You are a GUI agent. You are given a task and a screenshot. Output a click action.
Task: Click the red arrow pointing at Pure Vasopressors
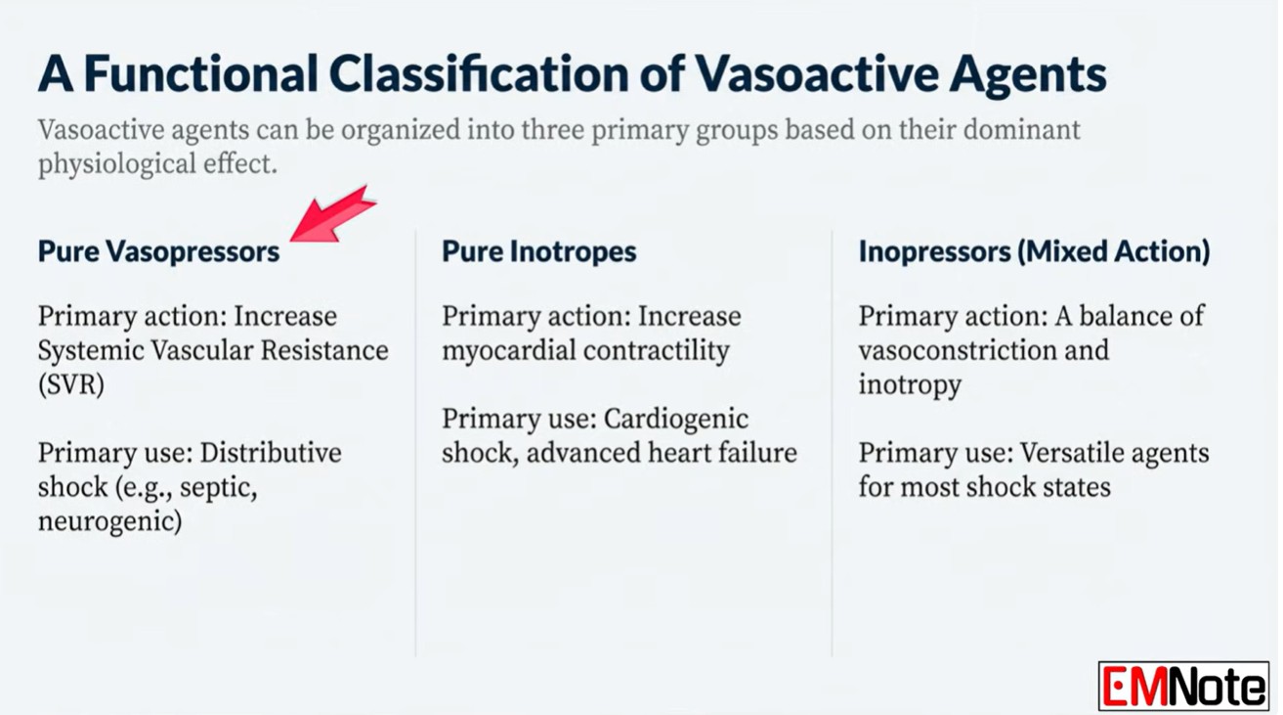pyautogui.click(x=333, y=215)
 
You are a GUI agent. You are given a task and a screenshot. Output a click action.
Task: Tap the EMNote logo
pyautogui.click(x=1183, y=686)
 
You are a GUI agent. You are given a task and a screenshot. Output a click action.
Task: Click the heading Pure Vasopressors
pyautogui.click(x=158, y=251)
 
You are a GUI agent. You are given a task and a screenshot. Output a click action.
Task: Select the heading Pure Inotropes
pyautogui.click(x=539, y=251)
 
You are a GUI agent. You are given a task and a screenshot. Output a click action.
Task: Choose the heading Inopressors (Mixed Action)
pyautogui.click(x=1035, y=251)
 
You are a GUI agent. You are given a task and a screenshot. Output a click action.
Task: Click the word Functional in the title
pyautogui.click(x=201, y=73)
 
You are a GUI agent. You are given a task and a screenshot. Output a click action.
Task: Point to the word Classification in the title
pyautogui.click(x=479, y=73)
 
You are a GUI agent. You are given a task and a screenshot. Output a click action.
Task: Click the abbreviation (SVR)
pyautogui.click(x=71, y=384)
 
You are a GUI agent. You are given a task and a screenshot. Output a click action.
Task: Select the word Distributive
pyautogui.click(x=271, y=453)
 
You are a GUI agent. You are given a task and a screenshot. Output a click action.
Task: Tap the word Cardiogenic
pyautogui.click(x=676, y=420)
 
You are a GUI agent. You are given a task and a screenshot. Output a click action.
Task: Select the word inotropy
pyautogui.click(x=910, y=385)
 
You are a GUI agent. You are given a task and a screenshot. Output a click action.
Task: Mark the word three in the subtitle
pyautogui.click(x=553, y=129)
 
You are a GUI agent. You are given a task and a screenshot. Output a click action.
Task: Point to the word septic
pyautogui.click(x=218, y=488)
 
